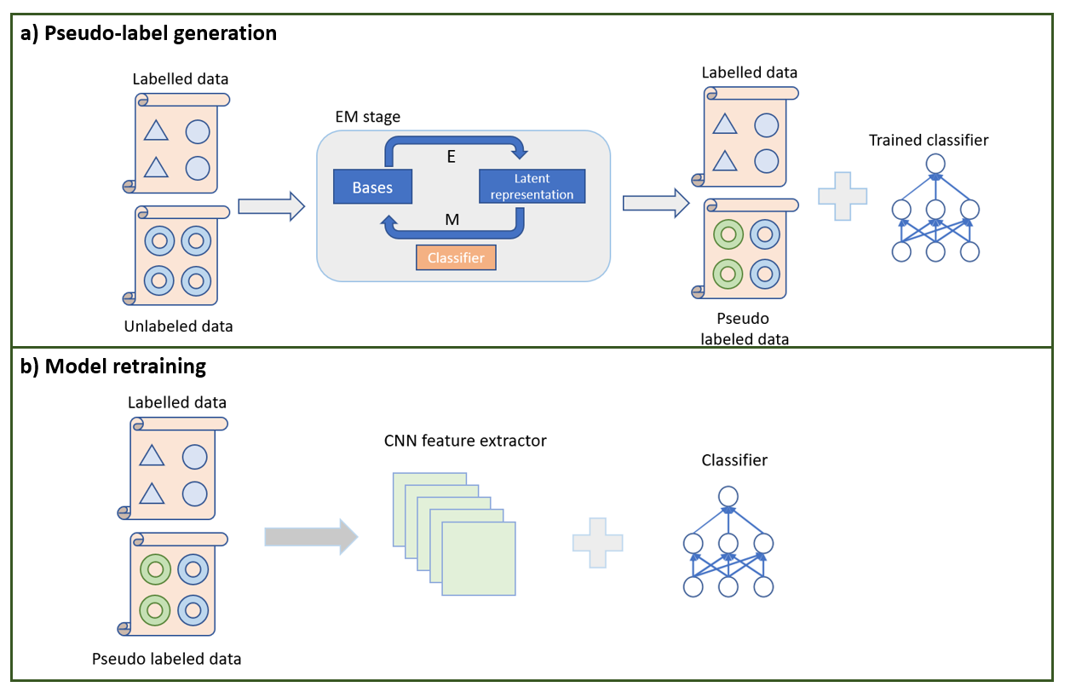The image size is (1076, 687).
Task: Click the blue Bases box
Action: tap(371, 187)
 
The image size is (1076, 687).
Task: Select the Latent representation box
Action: tap(532, 187)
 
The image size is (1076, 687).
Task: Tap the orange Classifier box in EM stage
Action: tap(456, 257)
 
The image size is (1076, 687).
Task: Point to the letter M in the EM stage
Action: tap(452, 220)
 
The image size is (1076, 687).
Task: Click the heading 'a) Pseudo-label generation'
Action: tap(148, 33)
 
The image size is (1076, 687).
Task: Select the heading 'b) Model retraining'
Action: tap(113, 367)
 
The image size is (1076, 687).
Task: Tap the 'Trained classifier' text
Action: tap(929, 140)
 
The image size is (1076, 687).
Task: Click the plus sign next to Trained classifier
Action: tap(842, 196)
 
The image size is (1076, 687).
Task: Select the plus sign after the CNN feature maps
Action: tap(597, 541)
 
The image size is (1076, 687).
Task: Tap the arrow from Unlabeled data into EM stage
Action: tap(271, 205)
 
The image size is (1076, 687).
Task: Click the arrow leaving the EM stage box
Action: tap(654, 203)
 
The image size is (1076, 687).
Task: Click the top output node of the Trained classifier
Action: tap(935, 163)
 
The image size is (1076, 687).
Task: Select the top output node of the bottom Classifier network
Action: tap(727, 495)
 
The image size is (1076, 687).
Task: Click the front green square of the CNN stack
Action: tap(480, 557)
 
